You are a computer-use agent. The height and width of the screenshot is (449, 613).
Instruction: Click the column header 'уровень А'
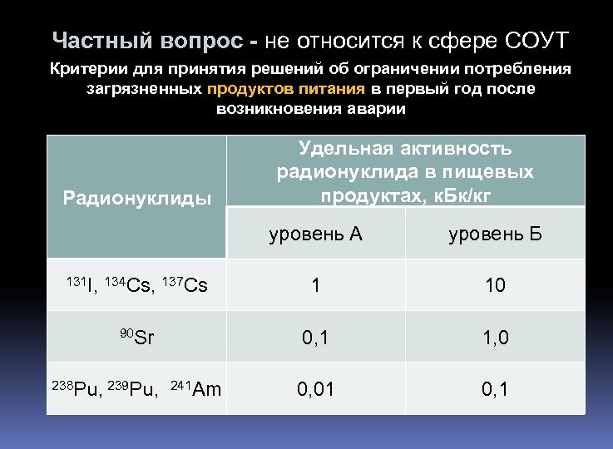[x=315, y=234]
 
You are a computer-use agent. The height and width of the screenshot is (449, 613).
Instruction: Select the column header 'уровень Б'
[x=495, y=234]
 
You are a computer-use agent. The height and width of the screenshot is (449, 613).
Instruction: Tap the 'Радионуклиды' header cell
[x=137, y=198]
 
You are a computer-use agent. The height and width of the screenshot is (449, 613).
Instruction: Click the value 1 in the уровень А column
[x=315, y=285]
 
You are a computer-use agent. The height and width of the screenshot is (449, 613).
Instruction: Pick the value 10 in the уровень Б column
[x=495, y=285]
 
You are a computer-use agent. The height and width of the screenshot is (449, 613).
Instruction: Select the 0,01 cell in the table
[x=315, y=387]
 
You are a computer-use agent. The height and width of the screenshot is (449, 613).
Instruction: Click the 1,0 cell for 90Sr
[x=495, y=337]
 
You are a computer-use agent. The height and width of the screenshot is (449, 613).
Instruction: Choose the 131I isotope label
[x=82, y=285]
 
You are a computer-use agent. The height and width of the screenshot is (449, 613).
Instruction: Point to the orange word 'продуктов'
[x=247, y=88]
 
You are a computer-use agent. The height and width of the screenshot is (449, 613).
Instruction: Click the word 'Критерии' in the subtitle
[x=87, y=68]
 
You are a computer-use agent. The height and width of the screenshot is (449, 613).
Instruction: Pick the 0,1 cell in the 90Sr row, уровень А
[x=315, y=337]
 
